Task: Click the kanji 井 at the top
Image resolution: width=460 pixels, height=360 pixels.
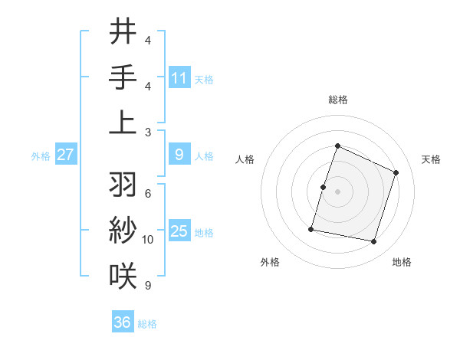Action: (123, 33)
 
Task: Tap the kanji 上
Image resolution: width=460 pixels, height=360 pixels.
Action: (123, 122)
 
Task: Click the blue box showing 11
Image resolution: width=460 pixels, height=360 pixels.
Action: (179, 77)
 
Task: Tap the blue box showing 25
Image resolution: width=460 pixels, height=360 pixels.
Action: (179, 231)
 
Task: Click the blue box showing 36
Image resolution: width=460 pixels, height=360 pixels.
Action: (123, 322)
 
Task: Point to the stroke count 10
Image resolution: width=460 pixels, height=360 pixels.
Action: (148, 240)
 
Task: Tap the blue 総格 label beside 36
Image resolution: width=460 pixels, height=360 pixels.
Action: (147, 323)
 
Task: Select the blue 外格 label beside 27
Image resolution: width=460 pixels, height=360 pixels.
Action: (41, 156)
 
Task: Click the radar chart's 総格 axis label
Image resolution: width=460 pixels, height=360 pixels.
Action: (337, 100)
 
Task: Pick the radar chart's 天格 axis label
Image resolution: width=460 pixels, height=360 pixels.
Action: (431, 159)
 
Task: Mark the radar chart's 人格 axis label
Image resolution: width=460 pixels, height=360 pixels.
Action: (245, 159)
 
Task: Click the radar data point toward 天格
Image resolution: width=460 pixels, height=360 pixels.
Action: (396, 172)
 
